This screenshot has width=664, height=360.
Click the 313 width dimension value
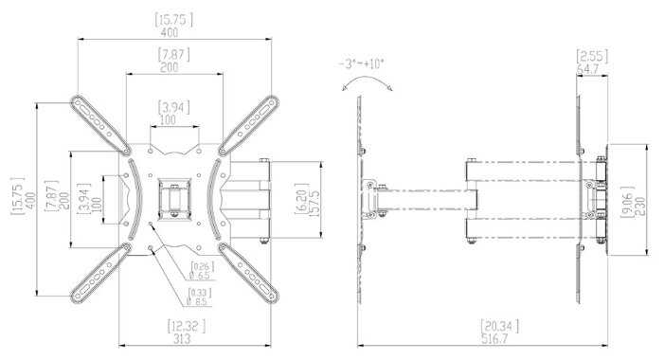point(182,339)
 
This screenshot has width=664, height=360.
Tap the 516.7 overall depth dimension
point(494,339)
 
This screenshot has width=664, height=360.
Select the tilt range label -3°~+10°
point(361,64)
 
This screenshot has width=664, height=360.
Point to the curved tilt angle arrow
point(367,79)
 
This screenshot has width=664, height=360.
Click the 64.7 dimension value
point(593,68)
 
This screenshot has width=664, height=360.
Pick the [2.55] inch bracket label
point(592,56)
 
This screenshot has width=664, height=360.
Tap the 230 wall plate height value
point(640,206)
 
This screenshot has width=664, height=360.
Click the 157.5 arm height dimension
point(314,204)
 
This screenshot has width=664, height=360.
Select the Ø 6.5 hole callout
point(200,276)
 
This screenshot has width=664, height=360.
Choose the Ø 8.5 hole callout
point(196,301)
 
